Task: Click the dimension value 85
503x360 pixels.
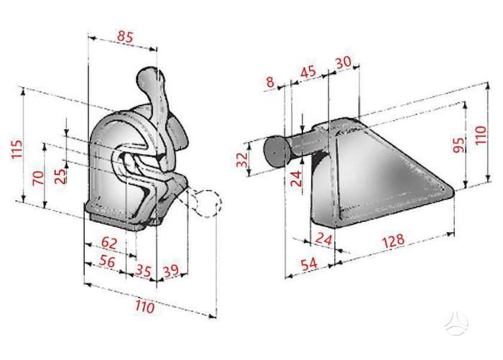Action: (x=125, y=36)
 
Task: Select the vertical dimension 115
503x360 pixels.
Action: (x=17, y=149)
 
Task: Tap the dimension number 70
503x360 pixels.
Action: (x=38, y=177)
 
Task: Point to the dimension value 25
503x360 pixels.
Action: (x=60, y=175)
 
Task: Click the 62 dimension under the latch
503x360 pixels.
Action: (x=109, y=243)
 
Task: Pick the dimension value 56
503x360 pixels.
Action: (x=107, y=262)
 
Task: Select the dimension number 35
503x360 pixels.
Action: (x=143, y=271)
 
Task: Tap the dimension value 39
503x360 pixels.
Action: (x=171, y=271)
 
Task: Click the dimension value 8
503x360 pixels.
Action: (x=270, y=82)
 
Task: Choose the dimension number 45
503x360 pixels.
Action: (x=308, y=71)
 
